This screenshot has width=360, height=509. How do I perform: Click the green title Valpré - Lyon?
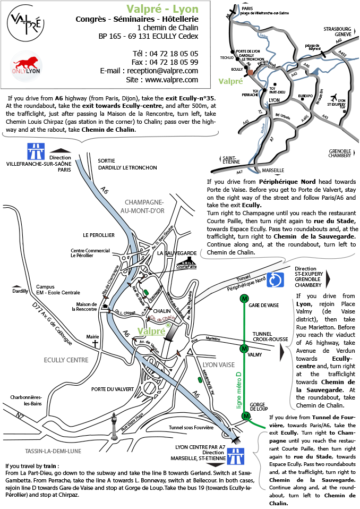click(162, 9)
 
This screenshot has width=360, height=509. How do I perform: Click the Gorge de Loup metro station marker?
click(245, 415)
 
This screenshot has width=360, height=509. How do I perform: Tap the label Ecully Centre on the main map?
click(66, 360)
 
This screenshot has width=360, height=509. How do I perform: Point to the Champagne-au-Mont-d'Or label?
click(143, 206)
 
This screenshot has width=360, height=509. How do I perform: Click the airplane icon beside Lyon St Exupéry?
click(333, 98)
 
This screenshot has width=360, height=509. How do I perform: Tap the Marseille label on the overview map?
click(273, 170)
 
